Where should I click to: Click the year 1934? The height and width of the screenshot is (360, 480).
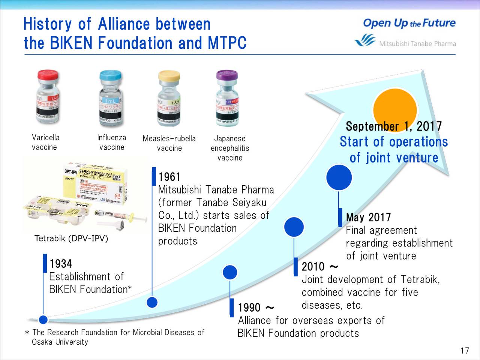coord(61,264)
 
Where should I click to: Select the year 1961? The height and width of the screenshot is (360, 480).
coord(169,177)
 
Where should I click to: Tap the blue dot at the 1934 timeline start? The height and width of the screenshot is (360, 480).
coord(43,319)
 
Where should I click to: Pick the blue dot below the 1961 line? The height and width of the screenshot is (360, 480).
coord(152,302)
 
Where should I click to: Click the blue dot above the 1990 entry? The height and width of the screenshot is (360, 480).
coord(230,272)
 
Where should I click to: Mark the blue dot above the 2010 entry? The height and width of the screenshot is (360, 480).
coord(294,227)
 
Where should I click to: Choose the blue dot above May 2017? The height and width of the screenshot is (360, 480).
coord(339,178)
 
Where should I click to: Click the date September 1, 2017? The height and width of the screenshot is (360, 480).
coord(393,126)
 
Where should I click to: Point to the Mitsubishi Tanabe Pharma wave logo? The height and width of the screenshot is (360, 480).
coord(365,40)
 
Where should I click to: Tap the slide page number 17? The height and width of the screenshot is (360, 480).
coord(465,351)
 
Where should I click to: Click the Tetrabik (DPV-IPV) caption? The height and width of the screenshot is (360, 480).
coord(71,239)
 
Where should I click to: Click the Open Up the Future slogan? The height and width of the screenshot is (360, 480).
coord(409,23)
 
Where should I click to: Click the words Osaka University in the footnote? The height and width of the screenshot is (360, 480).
coord(60,342)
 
